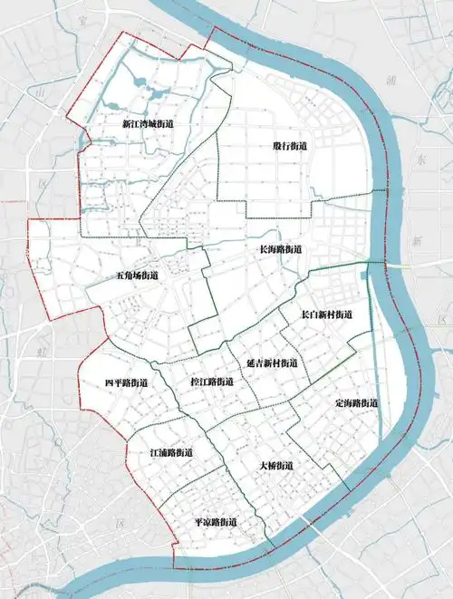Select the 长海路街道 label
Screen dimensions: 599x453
tap(280, 249)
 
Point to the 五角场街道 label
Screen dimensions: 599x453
tap(137, 275)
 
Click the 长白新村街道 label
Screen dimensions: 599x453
tap(326, 314)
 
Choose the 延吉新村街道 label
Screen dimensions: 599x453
tap(271, 362)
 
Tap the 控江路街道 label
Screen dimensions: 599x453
tap(212, 382)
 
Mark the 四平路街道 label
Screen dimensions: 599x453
tap(126, 383)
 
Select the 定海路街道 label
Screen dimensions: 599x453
tap(356, 402)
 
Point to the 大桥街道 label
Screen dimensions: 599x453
tap(275, 465)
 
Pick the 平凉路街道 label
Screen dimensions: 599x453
tap(216, 523)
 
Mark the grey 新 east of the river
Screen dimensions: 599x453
tap(417, 241)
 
